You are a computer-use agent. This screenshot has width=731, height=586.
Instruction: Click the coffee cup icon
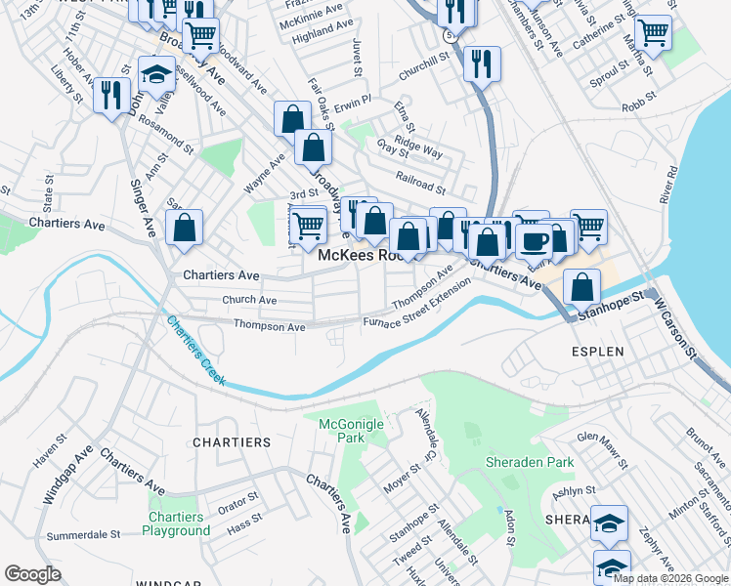[534, 240]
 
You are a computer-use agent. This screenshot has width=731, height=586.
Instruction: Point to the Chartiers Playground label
[176, 523]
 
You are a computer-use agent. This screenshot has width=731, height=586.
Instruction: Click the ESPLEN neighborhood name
[598, 348]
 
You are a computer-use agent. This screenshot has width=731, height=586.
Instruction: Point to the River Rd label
[669, 184]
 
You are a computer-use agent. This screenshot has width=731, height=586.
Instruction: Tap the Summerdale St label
[83, 535]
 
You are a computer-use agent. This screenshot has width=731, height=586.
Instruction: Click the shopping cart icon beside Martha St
[652, 31]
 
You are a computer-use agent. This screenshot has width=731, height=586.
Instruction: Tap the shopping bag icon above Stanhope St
[581, 287]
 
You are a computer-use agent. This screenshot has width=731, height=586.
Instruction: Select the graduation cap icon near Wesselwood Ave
[155, 74]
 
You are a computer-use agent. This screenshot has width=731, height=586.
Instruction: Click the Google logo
[33, 574]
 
